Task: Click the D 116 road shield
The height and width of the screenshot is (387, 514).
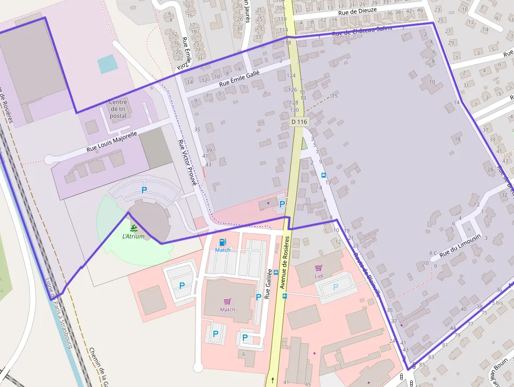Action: [298, 122]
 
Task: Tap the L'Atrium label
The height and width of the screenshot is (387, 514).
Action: [133, 236]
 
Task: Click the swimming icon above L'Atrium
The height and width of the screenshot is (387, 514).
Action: [133, 228]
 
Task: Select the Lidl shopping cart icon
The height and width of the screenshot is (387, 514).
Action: [318, 267]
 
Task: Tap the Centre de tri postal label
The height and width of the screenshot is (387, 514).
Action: [118, 109]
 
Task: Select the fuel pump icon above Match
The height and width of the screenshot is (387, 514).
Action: [223, 242]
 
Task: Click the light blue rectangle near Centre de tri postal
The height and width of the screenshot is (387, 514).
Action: [108, 64]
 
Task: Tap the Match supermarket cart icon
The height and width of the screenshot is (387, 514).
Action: [228, 301]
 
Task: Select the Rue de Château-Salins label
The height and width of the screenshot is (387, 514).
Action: [362, 31]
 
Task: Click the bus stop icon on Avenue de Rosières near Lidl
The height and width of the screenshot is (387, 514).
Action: [285, 296]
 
